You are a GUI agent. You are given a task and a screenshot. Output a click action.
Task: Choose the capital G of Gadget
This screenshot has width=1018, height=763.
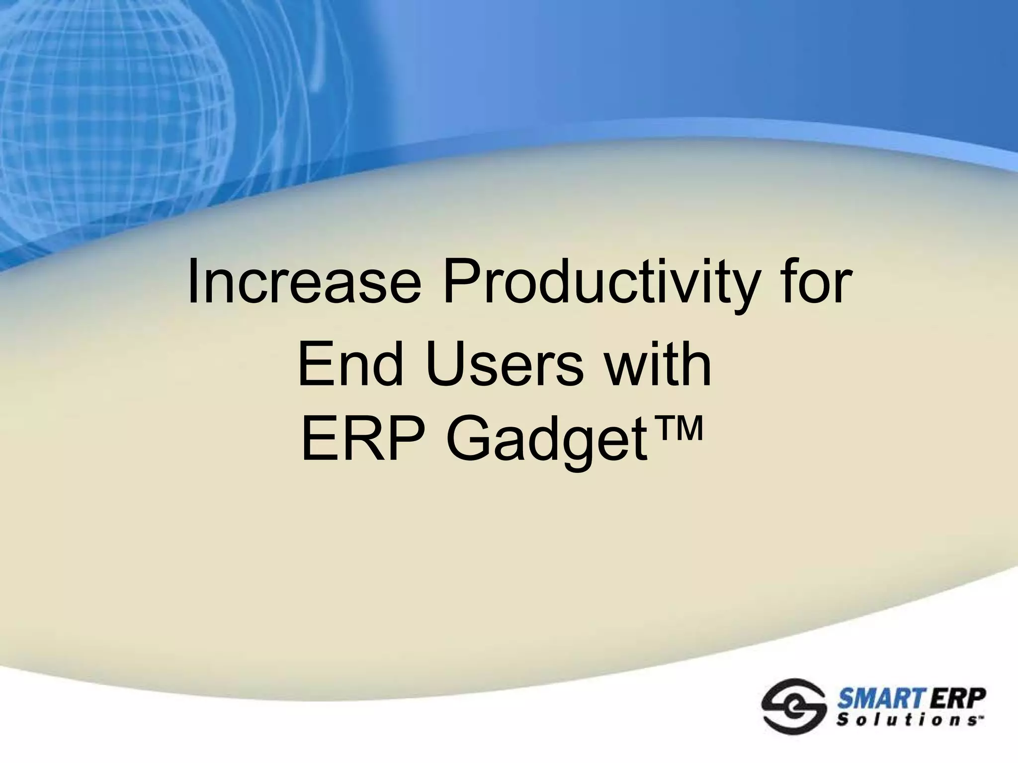pyautogui.click(x=468, y=440)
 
